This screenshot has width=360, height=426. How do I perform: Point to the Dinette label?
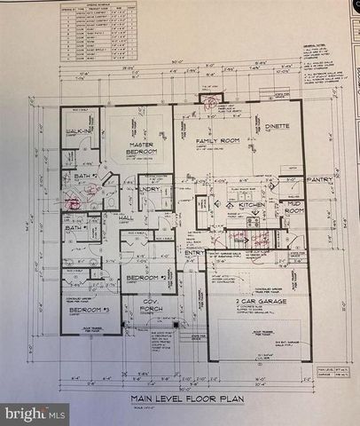coord(278,127)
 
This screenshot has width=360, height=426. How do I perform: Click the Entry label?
coord(194,253)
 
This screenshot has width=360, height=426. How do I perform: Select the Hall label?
coord(126,217)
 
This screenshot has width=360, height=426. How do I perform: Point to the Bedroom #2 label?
coord(140,278)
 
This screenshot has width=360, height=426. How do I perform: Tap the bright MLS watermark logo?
coord(35,413)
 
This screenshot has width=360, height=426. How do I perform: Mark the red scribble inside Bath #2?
coord(74,202)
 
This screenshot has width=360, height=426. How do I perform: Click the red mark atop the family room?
coord(211,99)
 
